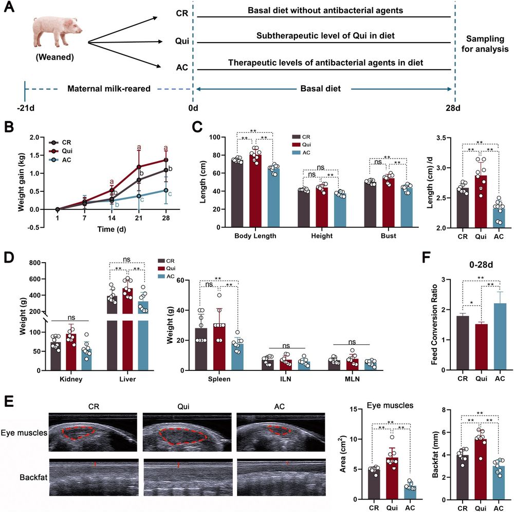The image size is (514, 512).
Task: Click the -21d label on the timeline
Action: pyautogui.click(x=25, y=109)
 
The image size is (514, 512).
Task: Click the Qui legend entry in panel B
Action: pyautogui.click(x=67, y=151)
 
